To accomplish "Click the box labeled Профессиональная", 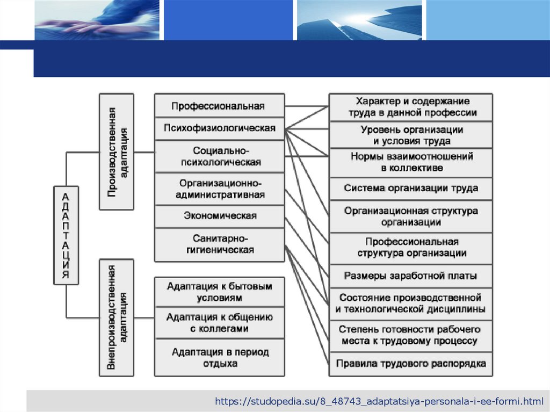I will pos(219,106).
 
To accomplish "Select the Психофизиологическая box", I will pos(219,128).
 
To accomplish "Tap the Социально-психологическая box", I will pos(219,156).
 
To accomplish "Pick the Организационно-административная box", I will pos(219,189).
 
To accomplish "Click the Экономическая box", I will pos(219,216).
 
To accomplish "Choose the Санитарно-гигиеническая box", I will pos(219,244).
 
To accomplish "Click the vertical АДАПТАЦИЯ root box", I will pos(66,234).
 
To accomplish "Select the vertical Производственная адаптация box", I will pos(117,151).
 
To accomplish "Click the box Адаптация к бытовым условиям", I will pos(219,292).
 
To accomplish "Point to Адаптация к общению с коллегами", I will pos(219,322).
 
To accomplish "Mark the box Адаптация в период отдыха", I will pos(219,358).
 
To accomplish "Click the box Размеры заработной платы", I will pos(411,276).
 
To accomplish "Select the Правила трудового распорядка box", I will pos(411,364).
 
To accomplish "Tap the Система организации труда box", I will pos(411,189).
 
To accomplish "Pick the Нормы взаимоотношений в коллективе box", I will pos(411,162).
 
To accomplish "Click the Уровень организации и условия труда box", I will pos(411,135).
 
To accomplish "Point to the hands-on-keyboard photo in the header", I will pos(97,19).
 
